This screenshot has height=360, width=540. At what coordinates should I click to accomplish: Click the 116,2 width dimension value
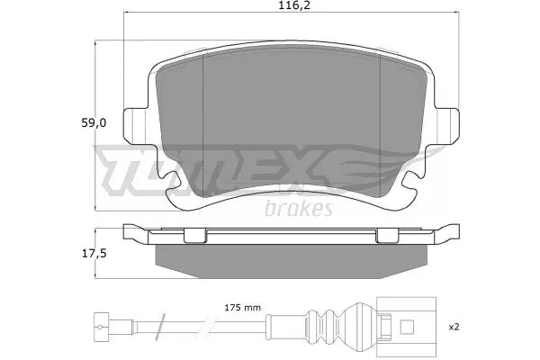(294, 5)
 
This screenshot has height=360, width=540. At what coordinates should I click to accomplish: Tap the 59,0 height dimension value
(94, 123)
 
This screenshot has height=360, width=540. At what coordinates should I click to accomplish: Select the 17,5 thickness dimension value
(94, 254)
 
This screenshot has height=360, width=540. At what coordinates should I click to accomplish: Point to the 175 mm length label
(242, 308)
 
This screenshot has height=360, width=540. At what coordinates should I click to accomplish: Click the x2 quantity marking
(454, 327)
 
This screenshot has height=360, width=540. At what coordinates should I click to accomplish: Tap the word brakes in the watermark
(299, 208)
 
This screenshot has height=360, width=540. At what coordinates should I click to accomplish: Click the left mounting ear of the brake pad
(135, 126)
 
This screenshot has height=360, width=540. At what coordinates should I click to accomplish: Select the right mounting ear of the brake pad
(446, 126)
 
